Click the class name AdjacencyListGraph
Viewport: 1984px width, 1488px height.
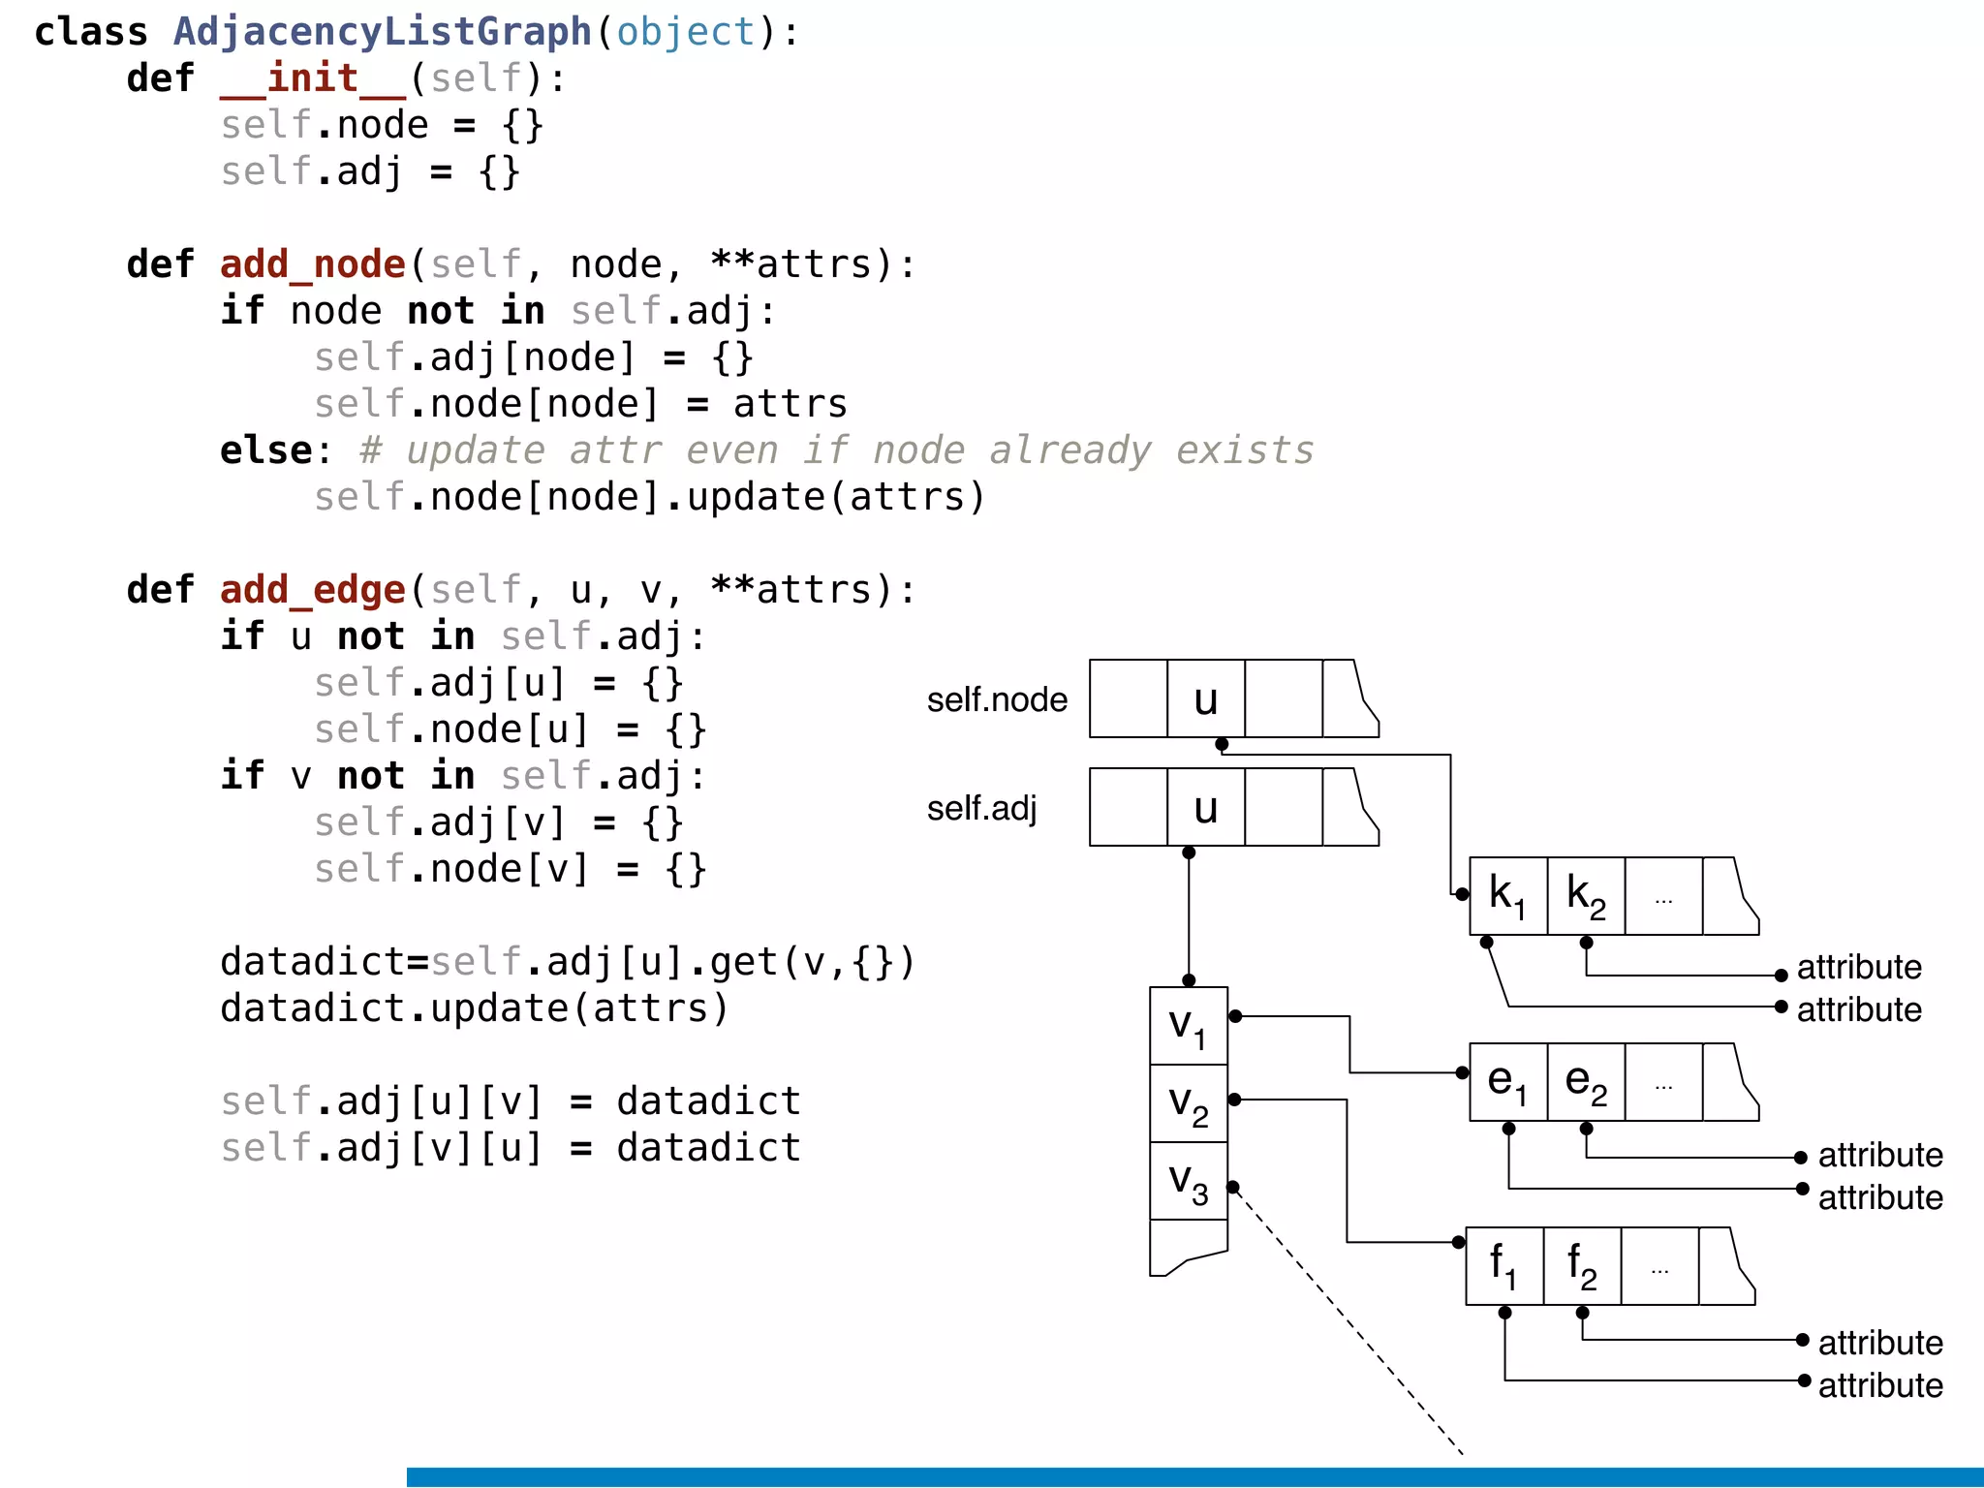click(x=382, y=32)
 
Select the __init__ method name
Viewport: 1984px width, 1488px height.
click(x=312, y=78)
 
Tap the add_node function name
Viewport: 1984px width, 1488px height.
click(x=312, y=264)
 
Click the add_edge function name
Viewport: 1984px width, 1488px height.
click(x=312, y=590)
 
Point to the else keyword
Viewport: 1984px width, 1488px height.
click(x=265, y=450)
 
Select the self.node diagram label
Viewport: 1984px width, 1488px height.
click(x=997, y=699)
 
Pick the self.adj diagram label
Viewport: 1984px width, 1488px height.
click(x=981, y=808)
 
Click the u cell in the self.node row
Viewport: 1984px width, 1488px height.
click(x=1205, y=699)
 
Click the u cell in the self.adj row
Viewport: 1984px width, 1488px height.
click(x=1205, y=808)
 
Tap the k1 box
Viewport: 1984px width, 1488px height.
click(x=1507, y=896)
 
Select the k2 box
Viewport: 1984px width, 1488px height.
click(x=1585, y=896)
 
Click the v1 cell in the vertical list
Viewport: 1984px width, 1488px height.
click(x=1188, y=1026)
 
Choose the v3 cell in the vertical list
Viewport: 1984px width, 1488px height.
click(x=1188, y=1181)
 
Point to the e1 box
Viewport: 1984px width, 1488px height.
click(x=1507, y=1082)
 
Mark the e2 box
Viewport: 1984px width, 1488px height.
click(x=1585, y=1082)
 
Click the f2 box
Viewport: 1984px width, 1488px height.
click(x=1581, y=1266)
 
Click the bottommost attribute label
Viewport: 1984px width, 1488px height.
click(x=1879, y=1385)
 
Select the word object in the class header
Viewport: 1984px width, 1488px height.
click(x=685, y=32)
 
